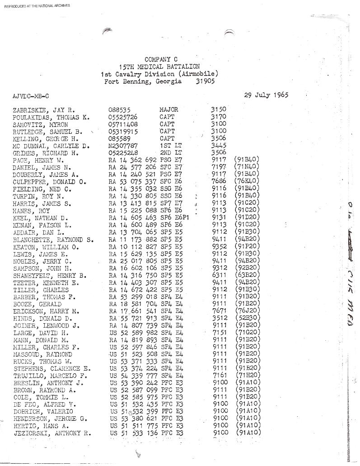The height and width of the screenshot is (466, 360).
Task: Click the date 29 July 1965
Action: [x=266, y=95]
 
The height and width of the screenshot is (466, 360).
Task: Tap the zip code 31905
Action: [x=206, y=82]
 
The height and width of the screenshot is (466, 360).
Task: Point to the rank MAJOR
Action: [x=169, y=109]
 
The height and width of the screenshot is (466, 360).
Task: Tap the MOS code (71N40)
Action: [x=247, y=167]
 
